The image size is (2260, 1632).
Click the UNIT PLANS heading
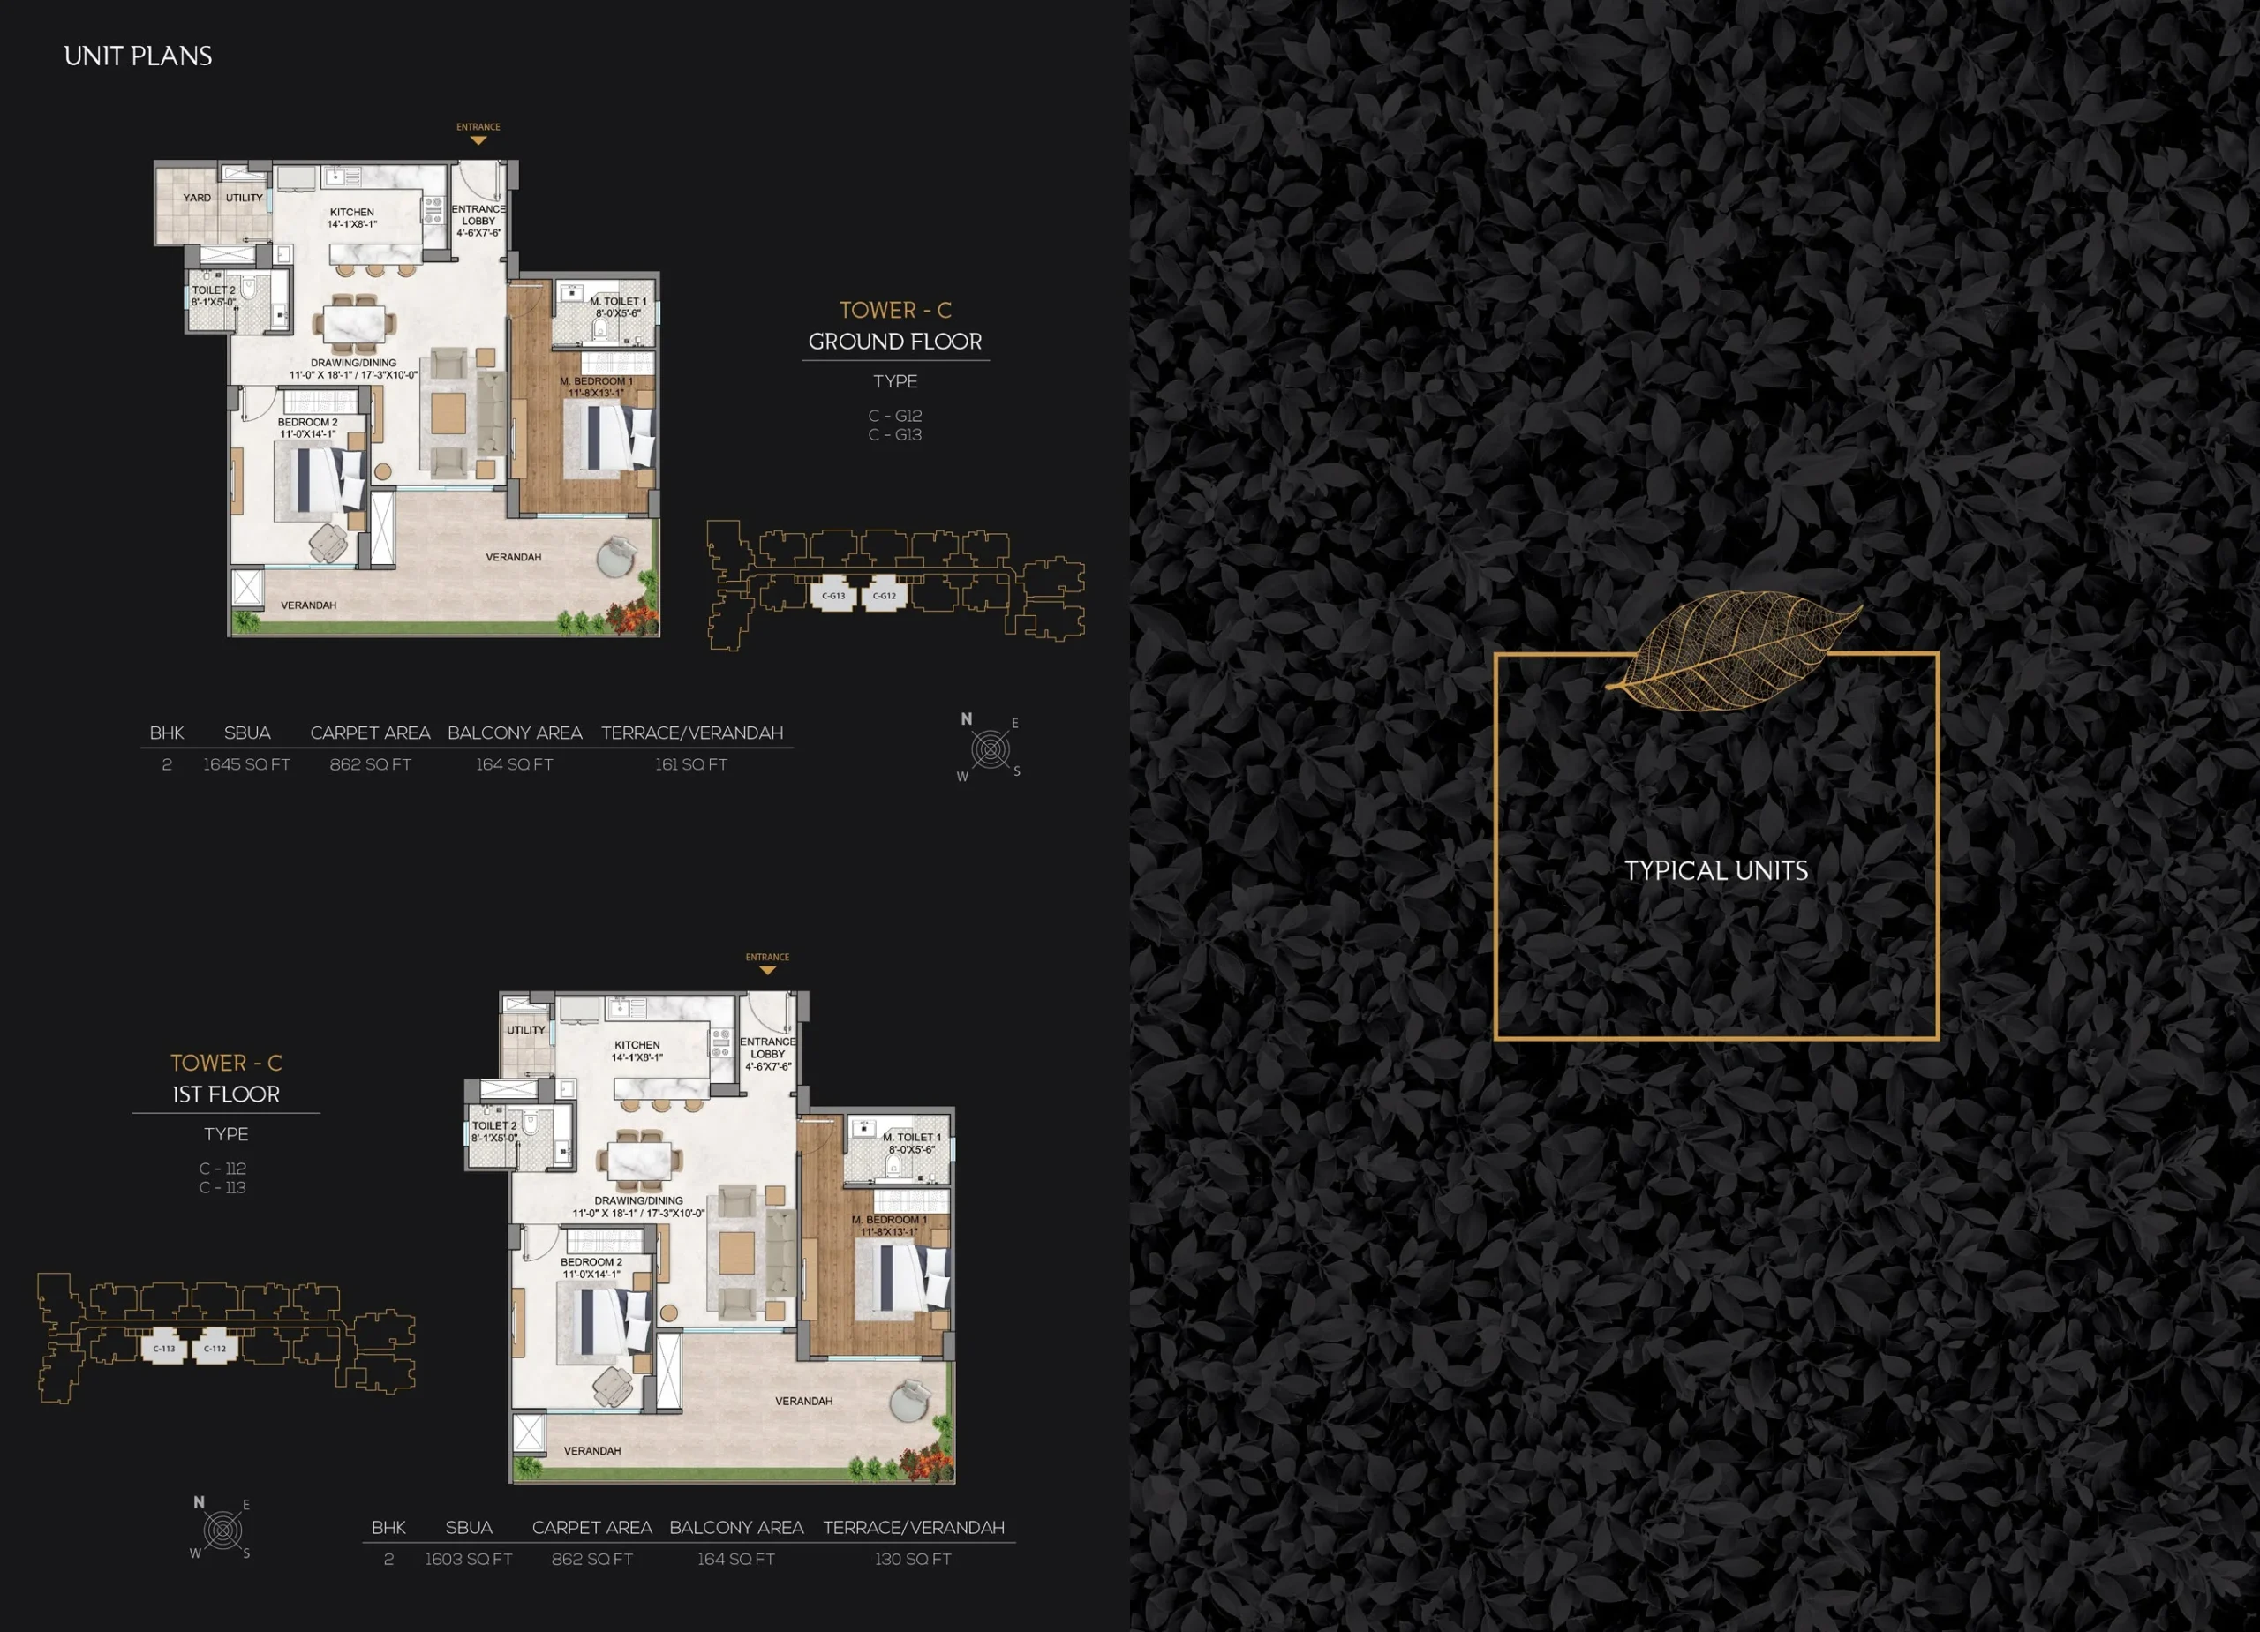click(x=138, y=56)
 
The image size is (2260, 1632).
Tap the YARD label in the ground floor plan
click(x=196, y=198)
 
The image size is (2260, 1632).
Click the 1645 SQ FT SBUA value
click(x=246, y=764)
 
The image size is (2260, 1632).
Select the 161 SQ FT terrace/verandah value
click(x=690, y=764)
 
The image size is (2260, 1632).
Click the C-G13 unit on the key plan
click(x=833, y=595)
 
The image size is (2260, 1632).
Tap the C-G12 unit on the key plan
click(x=884, y=595)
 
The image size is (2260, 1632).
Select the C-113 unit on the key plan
click(x=163, y=1348)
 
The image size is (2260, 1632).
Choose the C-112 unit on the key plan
click(x=215, y=1348)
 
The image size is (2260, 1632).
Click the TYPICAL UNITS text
click(x=1716, y=871)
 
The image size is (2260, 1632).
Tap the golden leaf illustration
click(x=1734, y=650)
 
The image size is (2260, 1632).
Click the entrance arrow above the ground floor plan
click(x=478, y=140)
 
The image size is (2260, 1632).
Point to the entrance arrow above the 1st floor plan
click(x=767, y=970)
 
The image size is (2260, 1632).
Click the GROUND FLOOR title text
click(x=895, y=342)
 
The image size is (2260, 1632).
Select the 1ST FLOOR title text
click(x=226, y=1094)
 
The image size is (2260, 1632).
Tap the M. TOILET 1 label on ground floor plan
click(x=618, y=301)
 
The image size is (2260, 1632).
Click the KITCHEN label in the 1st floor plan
click(x=637, y=1045)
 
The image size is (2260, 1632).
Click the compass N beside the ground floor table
click(x=966, y=718)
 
